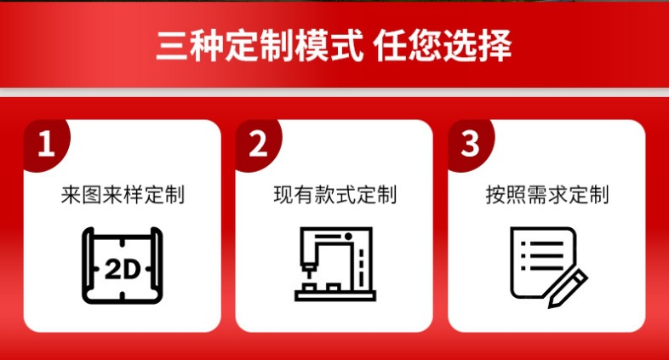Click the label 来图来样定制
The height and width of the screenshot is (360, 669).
[123, 195]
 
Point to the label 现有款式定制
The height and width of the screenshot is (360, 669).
[334, 195]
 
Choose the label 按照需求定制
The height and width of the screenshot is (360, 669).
[546, 195]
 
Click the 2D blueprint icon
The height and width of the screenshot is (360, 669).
[123, 265]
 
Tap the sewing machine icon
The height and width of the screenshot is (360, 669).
[334, 265]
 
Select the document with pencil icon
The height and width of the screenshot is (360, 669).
[547, 266]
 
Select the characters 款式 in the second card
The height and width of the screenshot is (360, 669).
[334, 195]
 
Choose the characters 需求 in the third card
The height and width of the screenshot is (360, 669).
[546, 195]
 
